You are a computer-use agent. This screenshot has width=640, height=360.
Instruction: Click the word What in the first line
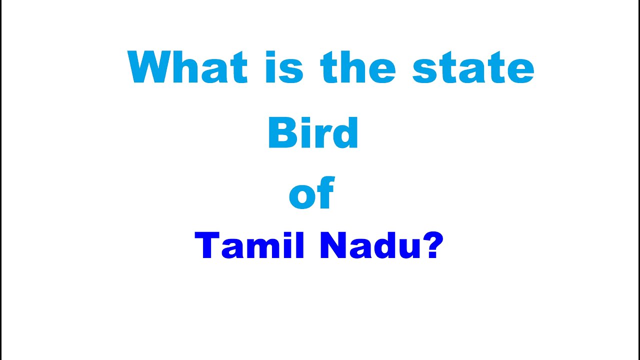point(187,67)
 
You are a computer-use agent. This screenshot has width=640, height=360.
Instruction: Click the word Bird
point(313,133)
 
